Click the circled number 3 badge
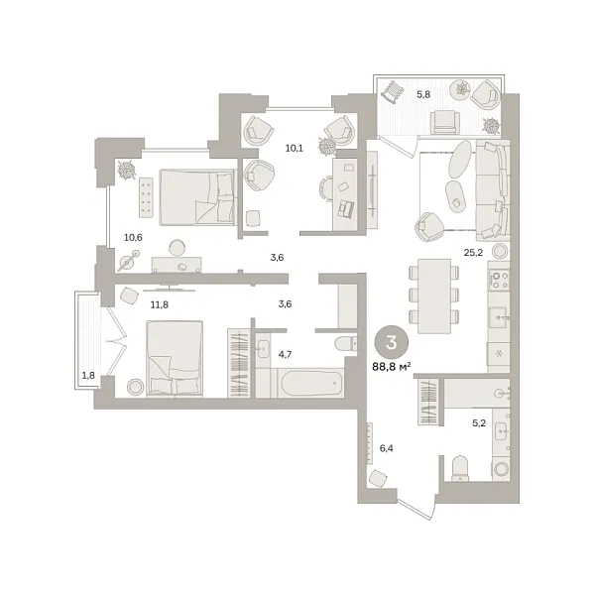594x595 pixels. [x=392, y=342]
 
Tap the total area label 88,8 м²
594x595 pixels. [x=392, y=367]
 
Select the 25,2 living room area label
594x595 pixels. [x=473, y=252]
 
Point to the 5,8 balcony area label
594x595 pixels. [x=423, y=94]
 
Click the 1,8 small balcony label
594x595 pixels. [x=88, y=376]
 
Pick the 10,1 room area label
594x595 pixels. [x=295, y=148]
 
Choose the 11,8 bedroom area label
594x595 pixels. [x=160, y=304]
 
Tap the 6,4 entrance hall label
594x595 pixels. [x=387, y=448]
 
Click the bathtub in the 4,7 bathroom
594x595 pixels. [x=310, y=383]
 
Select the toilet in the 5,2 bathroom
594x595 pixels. [x=460, y=467]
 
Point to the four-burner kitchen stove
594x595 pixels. [x=499, y=280]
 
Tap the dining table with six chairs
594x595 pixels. [x=434, y=296]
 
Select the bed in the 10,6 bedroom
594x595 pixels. [x=197, y=197]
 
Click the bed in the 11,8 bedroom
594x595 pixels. [x=175, y=359]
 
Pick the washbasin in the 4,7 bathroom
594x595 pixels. [x=263, y=349]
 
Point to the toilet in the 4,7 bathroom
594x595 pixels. [x=345, y=344]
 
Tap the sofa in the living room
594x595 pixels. [x=493, y=190]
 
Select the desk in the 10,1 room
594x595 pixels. [x=345, y=194]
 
